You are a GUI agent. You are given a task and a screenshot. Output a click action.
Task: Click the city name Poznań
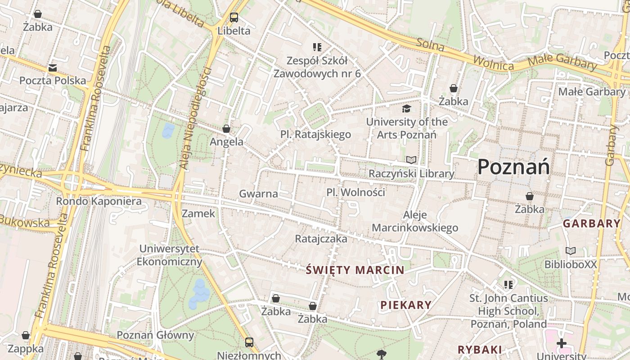(x=513, y=167)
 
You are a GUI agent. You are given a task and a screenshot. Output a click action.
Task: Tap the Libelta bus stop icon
(x=234, y=18)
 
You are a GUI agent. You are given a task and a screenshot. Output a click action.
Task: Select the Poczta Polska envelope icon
(x=53, y=68)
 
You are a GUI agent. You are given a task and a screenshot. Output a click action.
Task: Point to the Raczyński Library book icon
(x=411, y=160)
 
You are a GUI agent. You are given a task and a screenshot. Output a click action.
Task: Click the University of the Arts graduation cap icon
(x=406, y=108)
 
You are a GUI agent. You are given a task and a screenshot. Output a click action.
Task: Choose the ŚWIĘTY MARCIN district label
(x=355, y=270)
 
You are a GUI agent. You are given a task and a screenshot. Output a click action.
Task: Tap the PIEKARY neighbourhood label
(x=406, y=305)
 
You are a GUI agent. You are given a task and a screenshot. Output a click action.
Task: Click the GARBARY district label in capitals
(x=592, y=223)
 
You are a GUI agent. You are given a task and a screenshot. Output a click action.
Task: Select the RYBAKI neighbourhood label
(x=480, y=349)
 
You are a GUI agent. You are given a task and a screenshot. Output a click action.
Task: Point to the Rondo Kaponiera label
(x=99, y=201)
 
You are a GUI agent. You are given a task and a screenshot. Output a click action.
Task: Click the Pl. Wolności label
(x=356, y=193)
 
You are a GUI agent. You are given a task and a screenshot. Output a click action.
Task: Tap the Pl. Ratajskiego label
(x=315, y=134)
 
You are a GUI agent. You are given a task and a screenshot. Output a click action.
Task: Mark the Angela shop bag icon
(x=226, y=129)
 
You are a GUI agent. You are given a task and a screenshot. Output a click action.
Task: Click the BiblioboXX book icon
(x=571, y=251)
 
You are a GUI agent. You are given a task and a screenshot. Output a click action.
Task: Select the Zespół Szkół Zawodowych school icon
(x=317, y=47)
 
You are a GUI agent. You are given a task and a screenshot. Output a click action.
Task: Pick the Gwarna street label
(x=258, y=194)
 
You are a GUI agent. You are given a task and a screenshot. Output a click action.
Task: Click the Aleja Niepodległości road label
(x=195, y=118)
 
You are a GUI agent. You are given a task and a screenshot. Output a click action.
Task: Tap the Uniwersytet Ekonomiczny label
(x=169, y=255)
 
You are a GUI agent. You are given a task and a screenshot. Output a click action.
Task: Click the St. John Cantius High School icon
(x=508, y=284)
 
